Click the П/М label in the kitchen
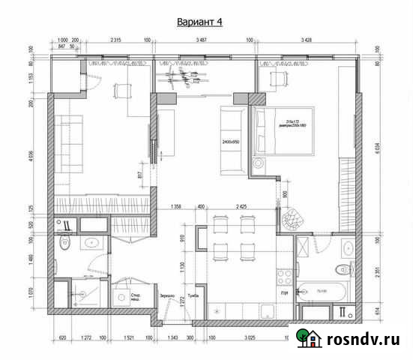pyautogui.click(x=285, y=292)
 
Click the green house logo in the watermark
pyautogui.click(x=307, y=338)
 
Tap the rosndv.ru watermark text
pyautogui.click(x=362, y=339)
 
